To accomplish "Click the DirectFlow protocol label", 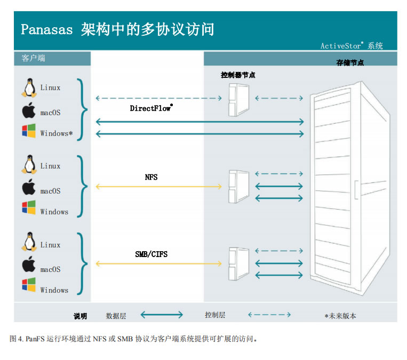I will pos(151,108).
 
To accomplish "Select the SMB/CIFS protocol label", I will pos(151,254).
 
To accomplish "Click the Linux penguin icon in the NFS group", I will pos(29,165).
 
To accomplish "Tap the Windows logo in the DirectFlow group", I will pos(29,131).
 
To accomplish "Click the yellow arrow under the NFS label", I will pos(158,186).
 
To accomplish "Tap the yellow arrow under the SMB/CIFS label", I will pos(158,264).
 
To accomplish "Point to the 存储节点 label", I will pos(350,62).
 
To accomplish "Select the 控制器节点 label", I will pos(238,75).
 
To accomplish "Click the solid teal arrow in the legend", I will pos(162,315).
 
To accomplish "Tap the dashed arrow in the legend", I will pos(269,315).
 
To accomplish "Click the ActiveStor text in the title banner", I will pos(341,46).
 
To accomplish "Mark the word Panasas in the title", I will pos(46,29).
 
